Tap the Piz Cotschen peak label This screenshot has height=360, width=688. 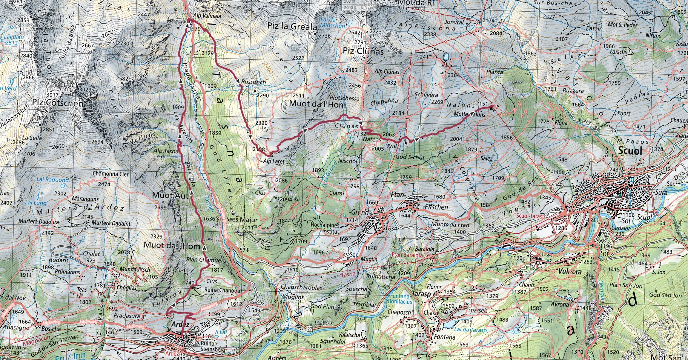[57, 103]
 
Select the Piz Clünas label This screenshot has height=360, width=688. [363, 51]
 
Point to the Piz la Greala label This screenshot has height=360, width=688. [292, 27]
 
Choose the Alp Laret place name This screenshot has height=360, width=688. [274, 161]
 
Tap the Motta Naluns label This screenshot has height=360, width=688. [470, 114]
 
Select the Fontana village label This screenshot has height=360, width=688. [444, 337]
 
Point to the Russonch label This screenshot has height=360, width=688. [253, 82]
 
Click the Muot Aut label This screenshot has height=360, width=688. [170, 195]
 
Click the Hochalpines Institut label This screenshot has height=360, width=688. [325, 228]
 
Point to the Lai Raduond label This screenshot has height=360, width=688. [52, 180]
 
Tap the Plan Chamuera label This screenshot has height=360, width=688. [206, 260]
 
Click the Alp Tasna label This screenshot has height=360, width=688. [166, 151]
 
